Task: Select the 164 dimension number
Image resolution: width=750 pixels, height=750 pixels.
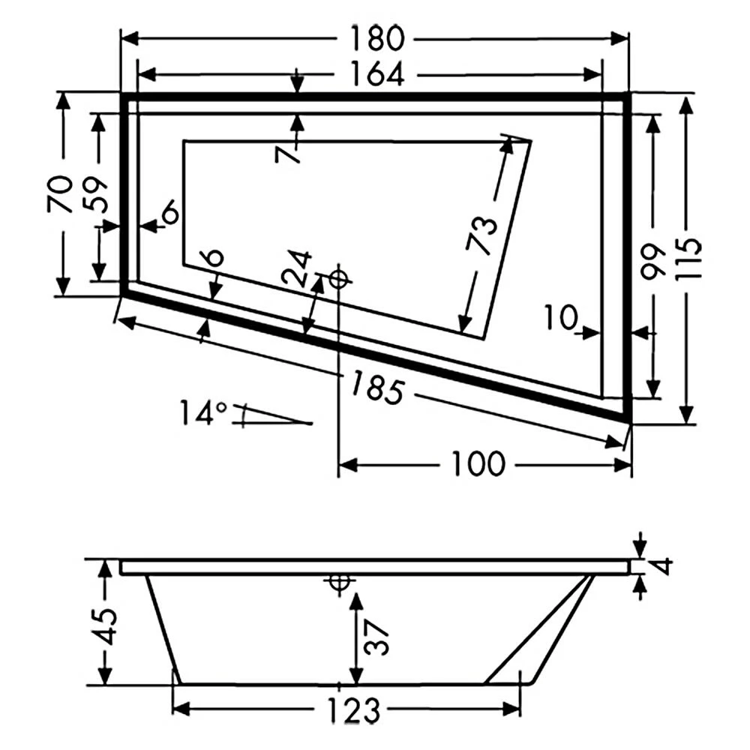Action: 376,74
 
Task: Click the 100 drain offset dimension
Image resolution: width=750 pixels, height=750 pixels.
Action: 478,465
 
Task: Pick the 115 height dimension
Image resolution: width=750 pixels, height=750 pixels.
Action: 688,259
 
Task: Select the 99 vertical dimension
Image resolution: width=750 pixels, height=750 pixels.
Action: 653,260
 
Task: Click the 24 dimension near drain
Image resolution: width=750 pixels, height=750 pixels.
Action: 298,268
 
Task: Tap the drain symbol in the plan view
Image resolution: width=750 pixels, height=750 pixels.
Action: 339,279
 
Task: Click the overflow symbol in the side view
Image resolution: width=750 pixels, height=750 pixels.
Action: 339,583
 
